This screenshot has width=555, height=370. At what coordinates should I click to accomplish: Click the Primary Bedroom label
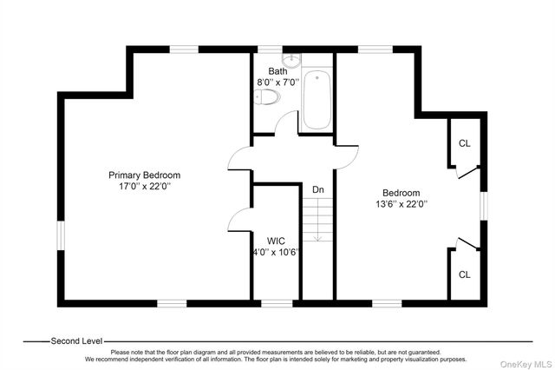click(145, 175)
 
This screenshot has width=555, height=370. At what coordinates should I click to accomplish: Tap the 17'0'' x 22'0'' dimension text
click(145, 186)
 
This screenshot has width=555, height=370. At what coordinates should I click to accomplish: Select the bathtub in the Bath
click(317, 100)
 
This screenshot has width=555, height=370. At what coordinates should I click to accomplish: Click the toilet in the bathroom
click(267, 96)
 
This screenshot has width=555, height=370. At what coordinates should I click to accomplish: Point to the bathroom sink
click(291, 60)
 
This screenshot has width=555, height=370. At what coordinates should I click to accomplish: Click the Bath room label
click(277, 71)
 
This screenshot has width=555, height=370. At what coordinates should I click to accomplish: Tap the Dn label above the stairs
click(318, 189)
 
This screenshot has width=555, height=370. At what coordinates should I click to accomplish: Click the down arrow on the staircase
click(318, 220)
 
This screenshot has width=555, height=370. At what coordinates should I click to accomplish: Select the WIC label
click(276, 241)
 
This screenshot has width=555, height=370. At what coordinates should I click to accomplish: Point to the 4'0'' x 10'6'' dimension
click(276, 253)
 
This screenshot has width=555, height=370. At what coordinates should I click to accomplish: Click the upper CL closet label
click(465, 143)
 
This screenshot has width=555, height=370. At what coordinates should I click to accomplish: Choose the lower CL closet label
click(465, 274)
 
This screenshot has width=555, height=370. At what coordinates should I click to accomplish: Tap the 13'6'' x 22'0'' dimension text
click(402, 204)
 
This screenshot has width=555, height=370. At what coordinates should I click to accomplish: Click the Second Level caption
click(76, 341)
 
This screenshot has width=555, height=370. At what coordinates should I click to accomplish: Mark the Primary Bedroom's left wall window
click(61, 235)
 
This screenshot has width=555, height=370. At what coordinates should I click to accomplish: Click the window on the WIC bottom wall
click(277, 303)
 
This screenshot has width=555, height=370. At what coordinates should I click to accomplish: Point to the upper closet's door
click(468, 174)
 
